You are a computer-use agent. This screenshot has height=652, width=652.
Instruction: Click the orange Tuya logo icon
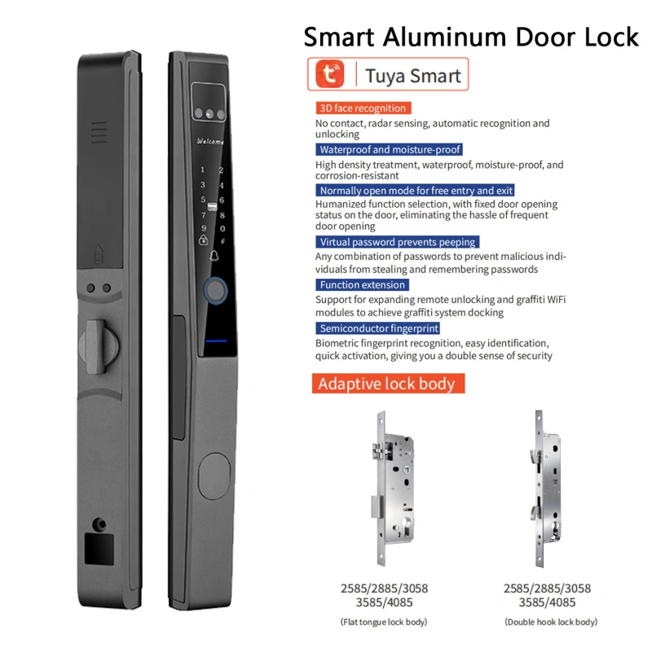click(x=330, y=74)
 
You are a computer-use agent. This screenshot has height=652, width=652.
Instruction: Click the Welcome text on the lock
click(x=210, y=141)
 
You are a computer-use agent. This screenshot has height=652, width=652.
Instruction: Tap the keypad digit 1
click(x=202, y=170)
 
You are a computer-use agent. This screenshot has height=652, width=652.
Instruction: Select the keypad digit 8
click(x=222, y=215)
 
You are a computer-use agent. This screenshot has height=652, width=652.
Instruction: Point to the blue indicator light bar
click(x=216, y=341)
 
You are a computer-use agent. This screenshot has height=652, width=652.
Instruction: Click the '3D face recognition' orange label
click(x=363, y=108)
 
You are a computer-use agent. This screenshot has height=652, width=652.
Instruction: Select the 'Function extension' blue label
click(x=362, y=284)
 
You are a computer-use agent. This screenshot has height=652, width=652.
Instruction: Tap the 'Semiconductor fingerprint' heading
click(x=377, y=328)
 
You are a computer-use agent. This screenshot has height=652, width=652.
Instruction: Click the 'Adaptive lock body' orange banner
click(x=389, y=383)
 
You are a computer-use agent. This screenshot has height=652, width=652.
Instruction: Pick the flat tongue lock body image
click(x=392, y=488)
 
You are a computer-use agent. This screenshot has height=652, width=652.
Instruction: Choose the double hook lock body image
click(x=545, y=488)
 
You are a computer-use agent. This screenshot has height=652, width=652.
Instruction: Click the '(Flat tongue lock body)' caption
click(x=384, y=622)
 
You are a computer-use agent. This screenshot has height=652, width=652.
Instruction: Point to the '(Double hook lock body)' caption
click(x=551, y=622)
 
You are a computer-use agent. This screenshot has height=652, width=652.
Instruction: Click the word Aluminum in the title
click(x=445, y=37)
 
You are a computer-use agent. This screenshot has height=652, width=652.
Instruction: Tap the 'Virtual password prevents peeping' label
click(x=398, y=242)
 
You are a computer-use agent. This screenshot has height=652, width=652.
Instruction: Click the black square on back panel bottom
click(x=99, y=548)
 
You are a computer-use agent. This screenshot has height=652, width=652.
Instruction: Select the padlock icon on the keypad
click(x=203, y=240)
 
